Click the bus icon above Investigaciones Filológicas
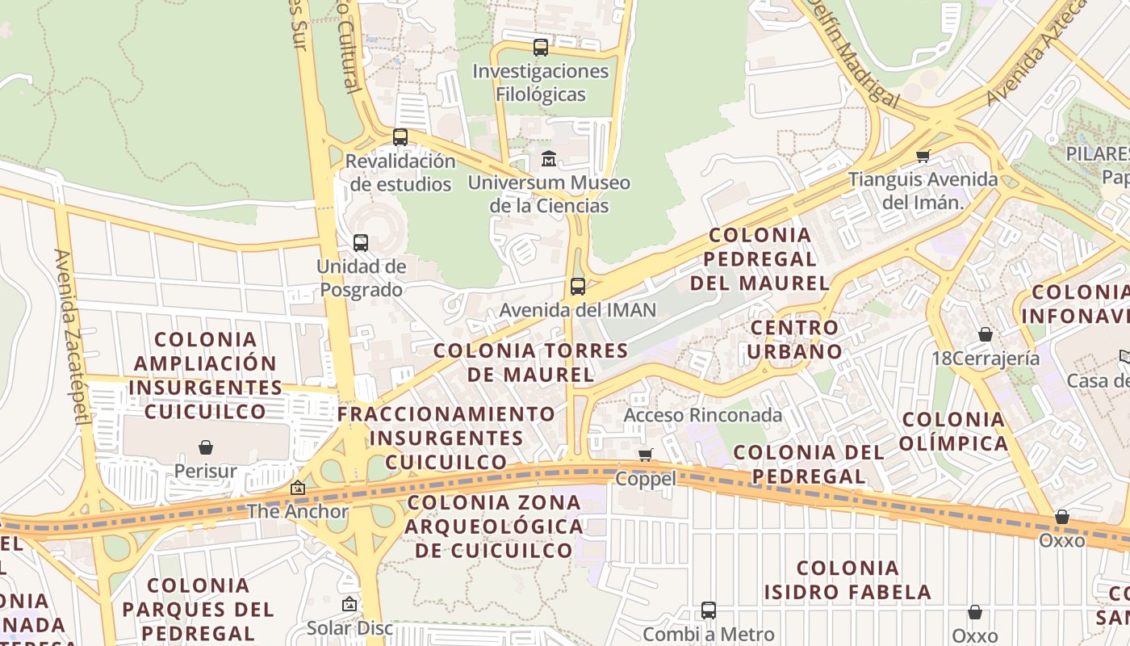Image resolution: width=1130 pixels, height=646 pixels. coord(541,48)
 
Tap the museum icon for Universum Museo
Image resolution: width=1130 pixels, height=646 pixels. coord(549,158)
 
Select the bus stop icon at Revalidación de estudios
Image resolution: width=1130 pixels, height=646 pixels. coord(400,137)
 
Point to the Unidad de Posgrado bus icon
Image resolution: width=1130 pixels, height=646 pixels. coord(361,242)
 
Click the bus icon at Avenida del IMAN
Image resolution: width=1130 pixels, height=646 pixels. coord(578,286)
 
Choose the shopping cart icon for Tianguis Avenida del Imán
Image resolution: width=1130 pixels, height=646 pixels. coord(923,156)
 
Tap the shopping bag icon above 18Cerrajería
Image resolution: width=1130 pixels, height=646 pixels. coord(985,334)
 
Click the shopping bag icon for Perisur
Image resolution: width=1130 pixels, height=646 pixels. coord(206,447)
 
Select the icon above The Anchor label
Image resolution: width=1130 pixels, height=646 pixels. coord(298,488)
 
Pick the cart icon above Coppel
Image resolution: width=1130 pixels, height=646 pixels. coord(645,455)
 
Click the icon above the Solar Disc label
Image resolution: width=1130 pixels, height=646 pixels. coord(349,604)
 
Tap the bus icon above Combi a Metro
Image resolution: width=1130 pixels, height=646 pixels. coord(708,610)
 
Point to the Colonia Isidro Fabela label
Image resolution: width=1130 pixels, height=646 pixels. coord(847,580)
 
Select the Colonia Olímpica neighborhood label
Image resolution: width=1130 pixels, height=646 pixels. coord(955,431)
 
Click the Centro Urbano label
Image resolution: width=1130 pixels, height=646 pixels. coord(795,339)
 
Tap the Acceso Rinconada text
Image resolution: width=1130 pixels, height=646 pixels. coord(703,415)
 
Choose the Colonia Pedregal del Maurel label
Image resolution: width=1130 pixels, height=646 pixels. coord(760,258)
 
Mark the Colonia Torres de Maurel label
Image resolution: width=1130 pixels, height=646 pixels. coord(530,363)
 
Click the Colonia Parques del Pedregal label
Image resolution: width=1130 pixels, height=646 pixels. coord(199,608)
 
